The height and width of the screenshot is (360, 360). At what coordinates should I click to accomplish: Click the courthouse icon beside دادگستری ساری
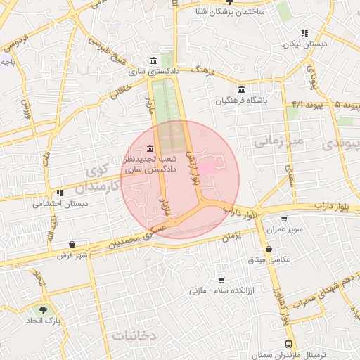click(154, 60)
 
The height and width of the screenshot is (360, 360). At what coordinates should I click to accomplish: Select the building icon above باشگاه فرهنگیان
click(241, 89)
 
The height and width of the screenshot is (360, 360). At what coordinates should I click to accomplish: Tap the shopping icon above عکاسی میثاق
click(269, 248)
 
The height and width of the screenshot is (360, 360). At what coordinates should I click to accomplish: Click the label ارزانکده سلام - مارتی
click(221, 290)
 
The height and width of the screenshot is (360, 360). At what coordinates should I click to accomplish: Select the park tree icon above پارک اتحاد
click(44, 310)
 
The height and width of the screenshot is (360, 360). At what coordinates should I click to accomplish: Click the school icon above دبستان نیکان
click(304, 33)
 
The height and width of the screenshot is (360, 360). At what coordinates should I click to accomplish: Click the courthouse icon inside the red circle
click(150, 148)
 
